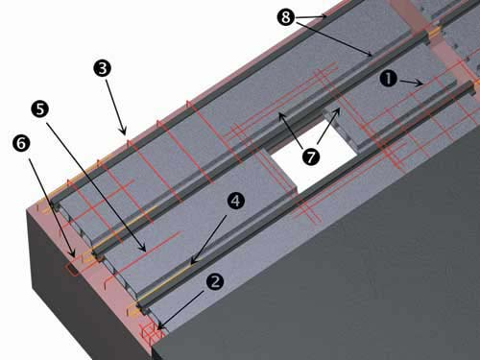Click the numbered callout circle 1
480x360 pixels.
[389, 79]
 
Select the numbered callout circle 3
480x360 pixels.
[103, 68]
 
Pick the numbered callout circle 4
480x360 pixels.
[235, 201]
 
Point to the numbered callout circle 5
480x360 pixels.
[40, 109]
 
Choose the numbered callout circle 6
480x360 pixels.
[21, 143]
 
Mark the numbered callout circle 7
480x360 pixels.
[311, 156]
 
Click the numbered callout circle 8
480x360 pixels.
[286, 17]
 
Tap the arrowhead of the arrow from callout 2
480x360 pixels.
[160, 326]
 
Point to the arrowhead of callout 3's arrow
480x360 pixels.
[124, 131]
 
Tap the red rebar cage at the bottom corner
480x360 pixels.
[151, 333]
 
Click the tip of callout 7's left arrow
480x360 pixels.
[280, 114]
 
